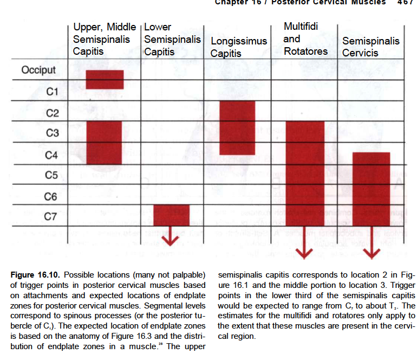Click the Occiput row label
38,70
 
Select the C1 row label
52,91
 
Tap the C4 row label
51,156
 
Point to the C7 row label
50,217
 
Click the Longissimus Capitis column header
239,47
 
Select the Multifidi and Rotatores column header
305,38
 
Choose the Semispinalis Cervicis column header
370,47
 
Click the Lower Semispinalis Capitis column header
172,39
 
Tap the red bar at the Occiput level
105,79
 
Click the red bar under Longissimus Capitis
237,128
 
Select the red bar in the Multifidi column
304,173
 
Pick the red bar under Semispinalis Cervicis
371,189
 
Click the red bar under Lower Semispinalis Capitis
171,215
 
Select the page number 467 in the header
405,2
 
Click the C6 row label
51,196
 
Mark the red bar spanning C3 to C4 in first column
104,142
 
